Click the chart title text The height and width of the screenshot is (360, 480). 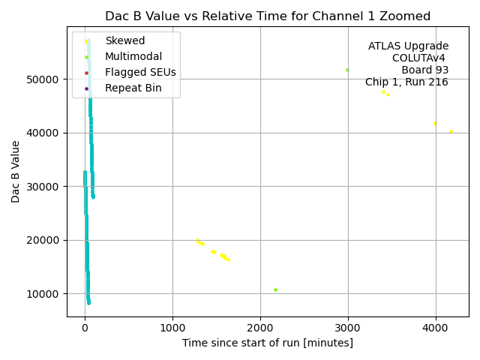268,16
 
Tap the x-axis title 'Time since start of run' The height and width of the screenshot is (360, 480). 267,343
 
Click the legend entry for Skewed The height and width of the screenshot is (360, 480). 125,40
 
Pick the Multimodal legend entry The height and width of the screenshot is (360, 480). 133,56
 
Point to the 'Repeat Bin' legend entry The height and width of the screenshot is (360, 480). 133,88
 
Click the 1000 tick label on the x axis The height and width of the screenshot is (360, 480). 172,327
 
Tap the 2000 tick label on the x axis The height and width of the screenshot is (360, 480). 260,327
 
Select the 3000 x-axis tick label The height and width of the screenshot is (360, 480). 348,327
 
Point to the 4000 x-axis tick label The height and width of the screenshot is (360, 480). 436,327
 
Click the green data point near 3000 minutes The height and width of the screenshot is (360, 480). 347,70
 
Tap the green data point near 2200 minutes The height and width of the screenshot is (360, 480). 275,289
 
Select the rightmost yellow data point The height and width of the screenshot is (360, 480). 451,132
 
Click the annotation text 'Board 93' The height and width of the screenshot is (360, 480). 424,70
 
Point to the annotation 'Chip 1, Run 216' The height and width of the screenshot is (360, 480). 406,82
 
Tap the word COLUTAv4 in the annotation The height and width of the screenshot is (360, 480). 420,58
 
